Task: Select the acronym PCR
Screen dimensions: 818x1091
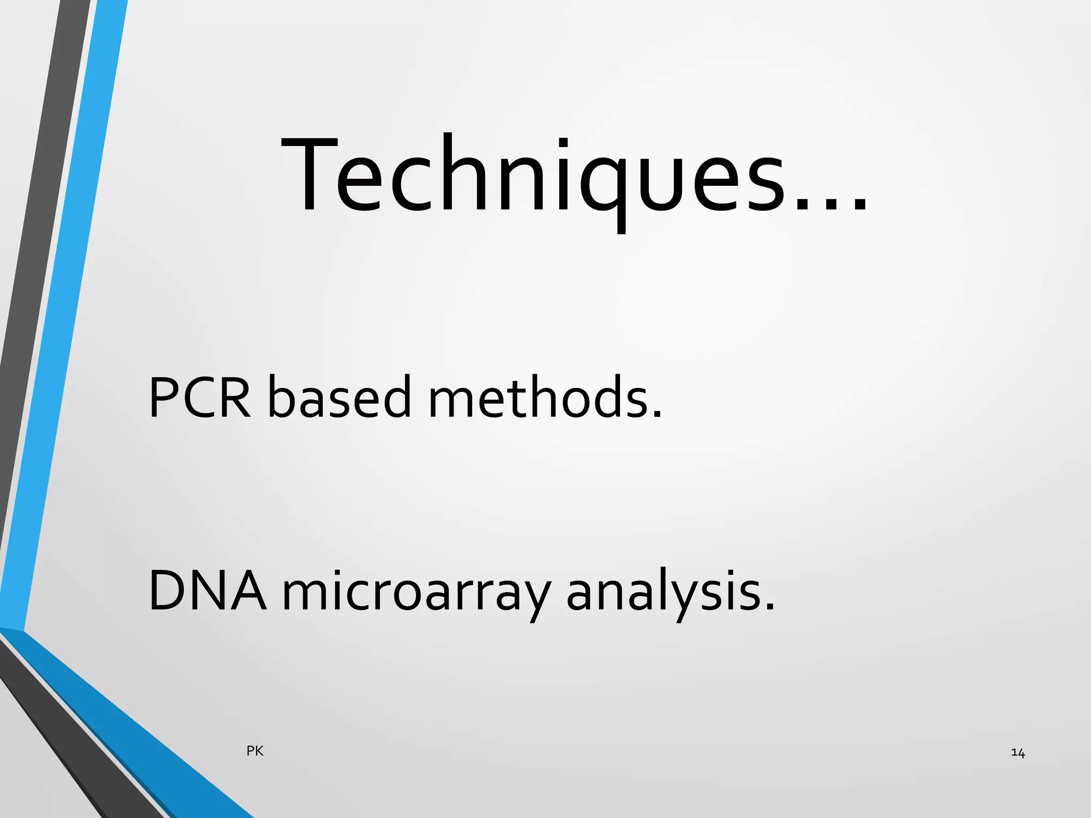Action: pyautogui.click(x=199, y=397)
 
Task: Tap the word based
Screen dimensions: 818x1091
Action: pyautogui.click(x=339, y=397)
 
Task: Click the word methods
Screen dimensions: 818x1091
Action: pyautogui.click(x=538, y=397)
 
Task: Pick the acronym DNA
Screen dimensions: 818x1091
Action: pyautogui.click(x=207, y=591)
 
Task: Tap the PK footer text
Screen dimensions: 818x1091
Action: pyautogui.click(x=255, y=751)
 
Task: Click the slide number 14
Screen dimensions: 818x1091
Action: pyautogui.click(x=1017, y=753)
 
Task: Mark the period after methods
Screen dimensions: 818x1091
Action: pyautogui.click(x=657, y=413)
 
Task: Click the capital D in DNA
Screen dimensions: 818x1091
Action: pyautogui.click(x=169, y=591)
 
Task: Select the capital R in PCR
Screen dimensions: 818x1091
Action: pyautogui.click(x=232, y=397)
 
